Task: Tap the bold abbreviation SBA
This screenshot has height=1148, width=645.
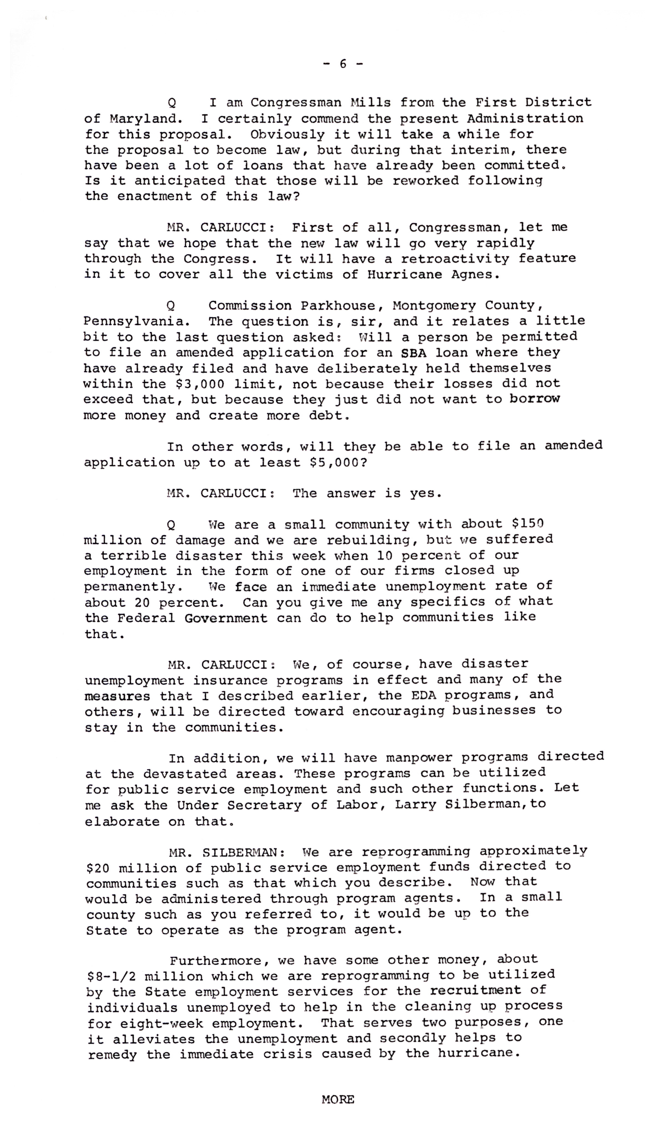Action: click(x=414, y=353)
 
